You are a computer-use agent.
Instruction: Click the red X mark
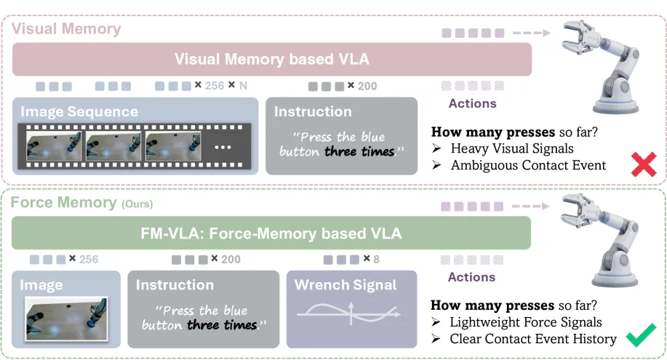(x=644, y=164)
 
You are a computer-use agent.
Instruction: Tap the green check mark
(x=641, y=335)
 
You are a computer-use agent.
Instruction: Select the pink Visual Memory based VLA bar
(x=272, y=59)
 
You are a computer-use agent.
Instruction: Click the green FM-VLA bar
(x=271, y=233)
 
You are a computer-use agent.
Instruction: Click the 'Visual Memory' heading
(x=66, y=29)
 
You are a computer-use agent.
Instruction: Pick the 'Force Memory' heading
(x=63, y=203)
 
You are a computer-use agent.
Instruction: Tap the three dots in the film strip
(x=223, y=147)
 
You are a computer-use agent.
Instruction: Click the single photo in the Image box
(x=66, y=319)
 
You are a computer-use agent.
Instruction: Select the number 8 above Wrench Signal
(x=377, y=259)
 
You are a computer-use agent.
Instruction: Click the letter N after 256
(x=244, y=86)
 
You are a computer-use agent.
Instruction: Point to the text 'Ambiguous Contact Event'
(x=528, y=165)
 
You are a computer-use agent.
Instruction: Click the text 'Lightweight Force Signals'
(x=526, y=322)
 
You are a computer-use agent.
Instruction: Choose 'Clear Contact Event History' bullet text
(x=533, y=339)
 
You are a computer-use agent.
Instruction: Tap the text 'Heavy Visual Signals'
(x=512, y=148)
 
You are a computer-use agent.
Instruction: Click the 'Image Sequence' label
(x=79, y=111)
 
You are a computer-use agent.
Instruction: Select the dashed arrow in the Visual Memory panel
(x=532, y=33)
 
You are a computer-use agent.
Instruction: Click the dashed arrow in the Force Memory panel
(x=530, y=207)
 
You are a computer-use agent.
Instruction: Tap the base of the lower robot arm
(x=615, y=276)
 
